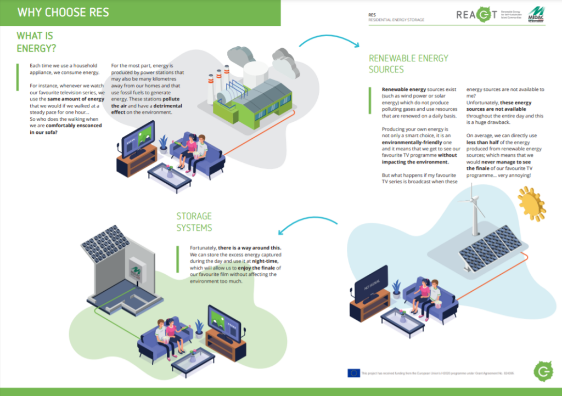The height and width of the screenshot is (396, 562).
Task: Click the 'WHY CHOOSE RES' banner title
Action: (63, 12)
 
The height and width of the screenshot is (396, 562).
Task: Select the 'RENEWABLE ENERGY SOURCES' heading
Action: (408, 64)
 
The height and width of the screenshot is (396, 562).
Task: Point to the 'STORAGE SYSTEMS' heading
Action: (194, 222)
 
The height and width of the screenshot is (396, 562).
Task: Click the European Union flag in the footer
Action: (353, 373)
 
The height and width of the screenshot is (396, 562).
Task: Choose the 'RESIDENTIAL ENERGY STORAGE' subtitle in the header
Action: (396, 20)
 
